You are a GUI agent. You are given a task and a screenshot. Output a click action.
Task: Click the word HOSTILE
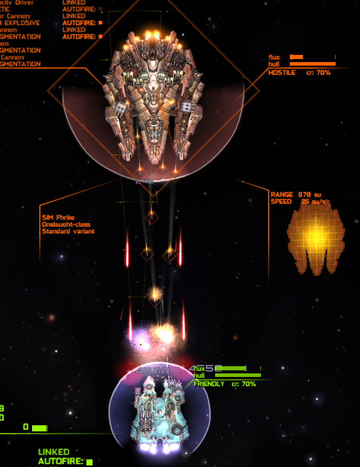point(282,73)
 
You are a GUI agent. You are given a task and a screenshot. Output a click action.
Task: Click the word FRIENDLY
point(209,384)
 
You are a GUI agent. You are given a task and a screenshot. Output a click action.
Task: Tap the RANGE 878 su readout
point(296,194)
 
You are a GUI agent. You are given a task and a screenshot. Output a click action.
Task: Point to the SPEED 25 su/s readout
point(297,201)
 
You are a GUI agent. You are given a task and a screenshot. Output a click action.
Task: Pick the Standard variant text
point(68,231)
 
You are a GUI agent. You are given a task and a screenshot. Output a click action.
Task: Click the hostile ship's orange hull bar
point(312,64)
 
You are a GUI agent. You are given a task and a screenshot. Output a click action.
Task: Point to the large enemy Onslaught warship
point(153,102)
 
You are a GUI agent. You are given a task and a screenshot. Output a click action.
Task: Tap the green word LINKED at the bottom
point(53,452)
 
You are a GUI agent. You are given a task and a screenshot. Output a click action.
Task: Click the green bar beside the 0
point(39,428)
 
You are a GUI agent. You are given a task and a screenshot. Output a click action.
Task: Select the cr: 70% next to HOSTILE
point(318,73)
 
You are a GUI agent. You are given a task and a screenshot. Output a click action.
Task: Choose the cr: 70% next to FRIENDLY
point(244,384)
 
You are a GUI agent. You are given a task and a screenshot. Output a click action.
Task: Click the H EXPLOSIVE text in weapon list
point(20,23)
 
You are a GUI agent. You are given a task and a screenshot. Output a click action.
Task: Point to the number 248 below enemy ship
point(144,181)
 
